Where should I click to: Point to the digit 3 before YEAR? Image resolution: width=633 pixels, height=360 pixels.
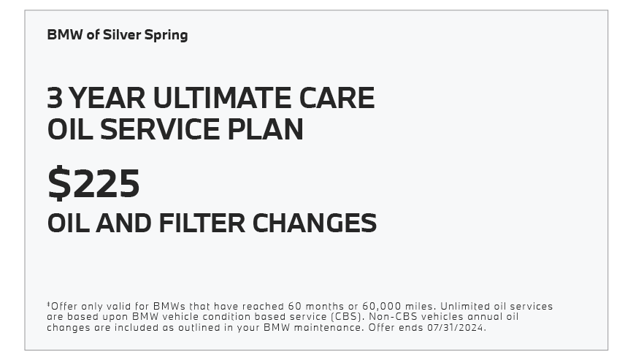click(55, 98)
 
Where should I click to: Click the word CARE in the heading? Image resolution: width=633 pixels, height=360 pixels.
click(337, 98)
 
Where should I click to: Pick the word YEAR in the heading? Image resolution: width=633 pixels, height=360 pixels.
click(107, 98)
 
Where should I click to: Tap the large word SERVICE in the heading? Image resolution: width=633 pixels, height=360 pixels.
click(160, 129)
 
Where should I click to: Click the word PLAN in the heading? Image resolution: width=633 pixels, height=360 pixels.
click(265, 129)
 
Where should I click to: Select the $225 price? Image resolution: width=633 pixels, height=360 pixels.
click(93, 183)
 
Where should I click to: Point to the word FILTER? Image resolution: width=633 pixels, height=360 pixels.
click(202, 223)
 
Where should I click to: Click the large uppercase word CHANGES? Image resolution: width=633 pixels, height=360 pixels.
click(315, 223)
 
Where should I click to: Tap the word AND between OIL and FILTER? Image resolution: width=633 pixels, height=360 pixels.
click(123, 223)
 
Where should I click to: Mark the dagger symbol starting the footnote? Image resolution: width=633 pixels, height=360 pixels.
click(48, 304)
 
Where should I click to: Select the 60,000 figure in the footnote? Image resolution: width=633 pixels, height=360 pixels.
click(382, 307)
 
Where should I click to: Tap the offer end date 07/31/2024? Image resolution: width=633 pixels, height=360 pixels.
click(456, 327)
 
